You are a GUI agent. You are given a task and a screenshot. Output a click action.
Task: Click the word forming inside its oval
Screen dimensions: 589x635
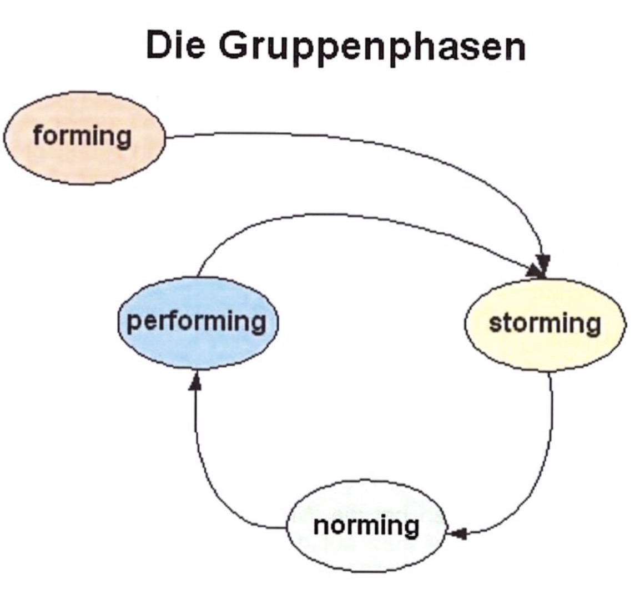[82, 136]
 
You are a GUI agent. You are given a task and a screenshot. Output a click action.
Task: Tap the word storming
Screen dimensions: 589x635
[545, 323]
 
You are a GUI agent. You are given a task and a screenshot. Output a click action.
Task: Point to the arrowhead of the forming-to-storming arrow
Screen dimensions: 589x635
[544, 261]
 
